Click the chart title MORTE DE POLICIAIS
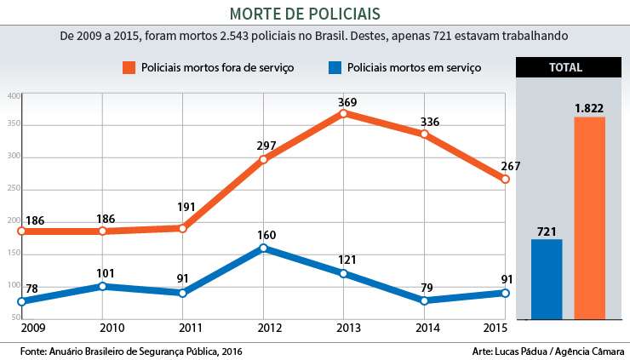[x=316, y=14]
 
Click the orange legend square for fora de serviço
[x=129, y=67]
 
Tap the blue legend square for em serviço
[x=335, y=67]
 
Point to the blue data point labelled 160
[x=263, y=248]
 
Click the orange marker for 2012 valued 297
[x=263, y=159]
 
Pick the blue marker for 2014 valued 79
[x=424, y=300]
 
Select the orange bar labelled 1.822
[x=589, y=218]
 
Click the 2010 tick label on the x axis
[x=101, y=328]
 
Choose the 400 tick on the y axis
[x=14, y=96]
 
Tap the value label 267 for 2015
[x=511, y=166]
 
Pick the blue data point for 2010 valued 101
[x=102, y=286]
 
